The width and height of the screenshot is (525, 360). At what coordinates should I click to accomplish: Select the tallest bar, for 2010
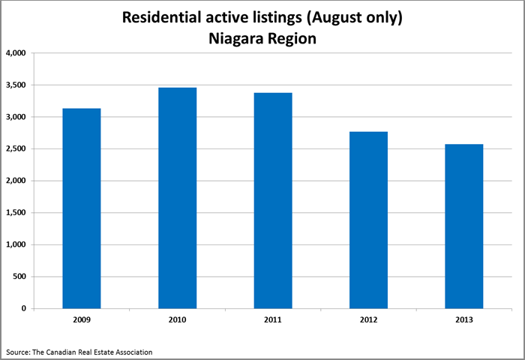click(177, 198)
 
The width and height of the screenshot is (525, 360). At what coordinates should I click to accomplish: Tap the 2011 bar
click(273, 200)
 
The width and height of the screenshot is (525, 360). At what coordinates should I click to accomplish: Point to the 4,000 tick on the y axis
click(16, 53)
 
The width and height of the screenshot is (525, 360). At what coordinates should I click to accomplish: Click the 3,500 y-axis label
click(16, 85)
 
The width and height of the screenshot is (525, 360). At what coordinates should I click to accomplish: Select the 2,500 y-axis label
click(16, 149)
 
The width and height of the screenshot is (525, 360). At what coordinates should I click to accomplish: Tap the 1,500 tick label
click(16, 213)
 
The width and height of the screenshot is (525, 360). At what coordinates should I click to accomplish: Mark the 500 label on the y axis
click(19, 277)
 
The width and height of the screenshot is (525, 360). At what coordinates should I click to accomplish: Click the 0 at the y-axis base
click(25, 308)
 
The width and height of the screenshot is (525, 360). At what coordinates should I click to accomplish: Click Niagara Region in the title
click(262, 38)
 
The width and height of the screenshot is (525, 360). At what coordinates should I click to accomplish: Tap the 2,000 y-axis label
click(16, 181)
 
